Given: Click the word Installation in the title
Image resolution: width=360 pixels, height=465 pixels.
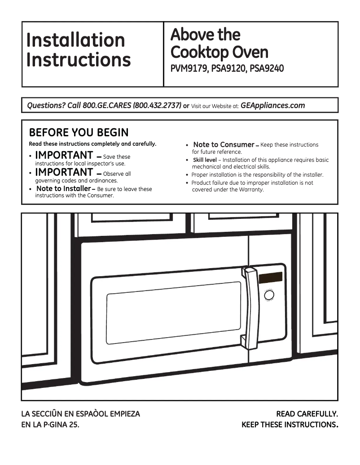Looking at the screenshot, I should pos(75,40).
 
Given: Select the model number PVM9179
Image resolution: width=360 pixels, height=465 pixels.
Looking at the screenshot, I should pos(188,70).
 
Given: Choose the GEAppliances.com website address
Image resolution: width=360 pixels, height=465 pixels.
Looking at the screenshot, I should pos(272,106).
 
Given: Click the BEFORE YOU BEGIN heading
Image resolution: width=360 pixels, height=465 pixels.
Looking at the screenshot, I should pos(79,133).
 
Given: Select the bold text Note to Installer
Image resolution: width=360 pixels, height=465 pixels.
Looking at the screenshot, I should pos(63,189).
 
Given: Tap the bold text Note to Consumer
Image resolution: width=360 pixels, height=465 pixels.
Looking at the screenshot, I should pos(224,144).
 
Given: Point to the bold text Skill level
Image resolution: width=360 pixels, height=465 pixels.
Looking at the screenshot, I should pos(205,160).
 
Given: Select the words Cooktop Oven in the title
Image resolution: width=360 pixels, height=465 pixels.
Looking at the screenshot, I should pos(219,52).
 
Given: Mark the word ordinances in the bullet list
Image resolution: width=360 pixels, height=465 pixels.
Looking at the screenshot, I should pos(103,181).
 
